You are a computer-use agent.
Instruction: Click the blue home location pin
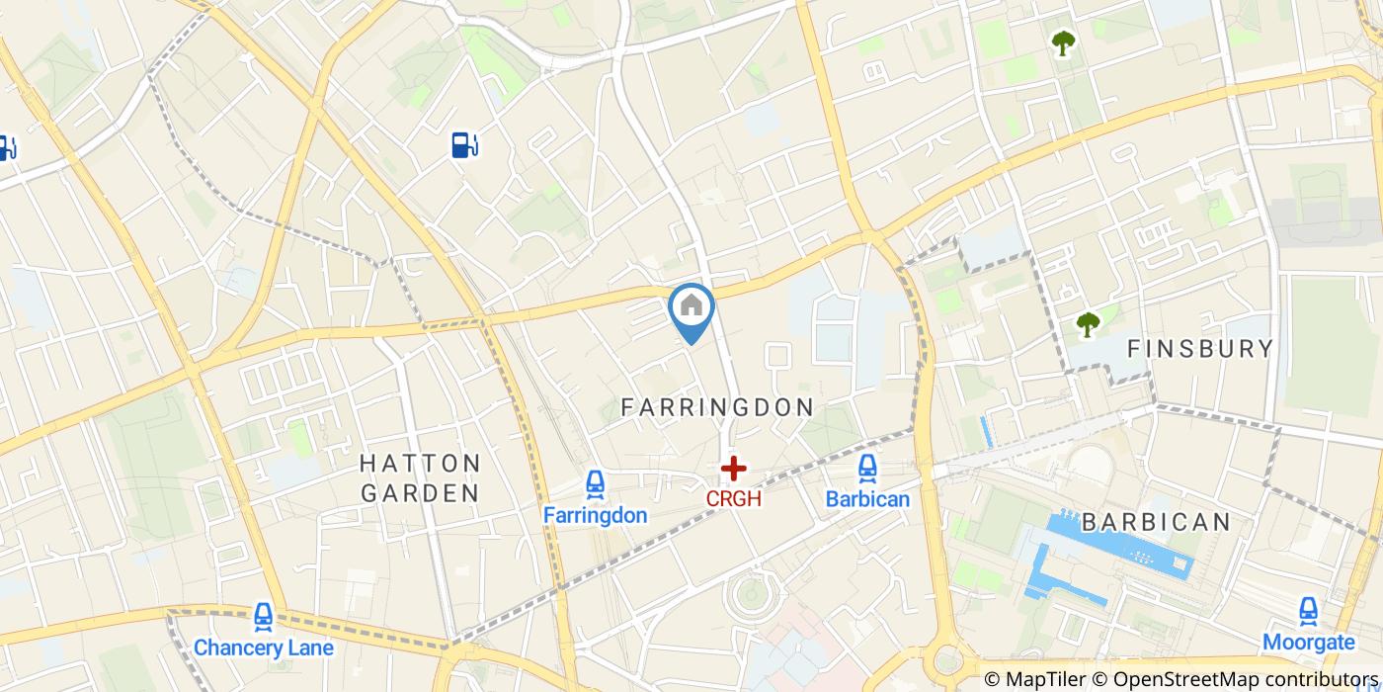point(691,310)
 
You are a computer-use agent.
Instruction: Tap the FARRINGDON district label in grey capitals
point(717,407)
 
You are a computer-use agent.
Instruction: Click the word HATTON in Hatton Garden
point(420,464)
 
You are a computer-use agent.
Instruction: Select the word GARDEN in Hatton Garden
point(420,492)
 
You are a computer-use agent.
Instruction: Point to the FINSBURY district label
point(1200,349)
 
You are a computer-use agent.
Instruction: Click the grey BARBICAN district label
point(1156,522)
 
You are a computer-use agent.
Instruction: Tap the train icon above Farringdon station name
point(595,484)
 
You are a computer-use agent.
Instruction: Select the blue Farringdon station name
point(595,515)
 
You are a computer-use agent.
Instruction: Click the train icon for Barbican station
point(867,469)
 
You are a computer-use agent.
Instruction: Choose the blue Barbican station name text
point(867,499)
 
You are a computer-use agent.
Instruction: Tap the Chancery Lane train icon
point(264,618)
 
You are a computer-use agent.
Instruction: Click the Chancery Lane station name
point(264,649)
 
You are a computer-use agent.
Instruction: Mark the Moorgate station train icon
point(1308,611)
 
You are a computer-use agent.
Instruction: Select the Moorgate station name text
point(1308,643)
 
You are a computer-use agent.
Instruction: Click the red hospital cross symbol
point(733,469)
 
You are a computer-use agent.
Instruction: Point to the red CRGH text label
point(733,499)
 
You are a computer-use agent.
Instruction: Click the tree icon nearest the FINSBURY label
point(1088,324)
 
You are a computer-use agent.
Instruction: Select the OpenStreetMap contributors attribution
point(1235,679)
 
